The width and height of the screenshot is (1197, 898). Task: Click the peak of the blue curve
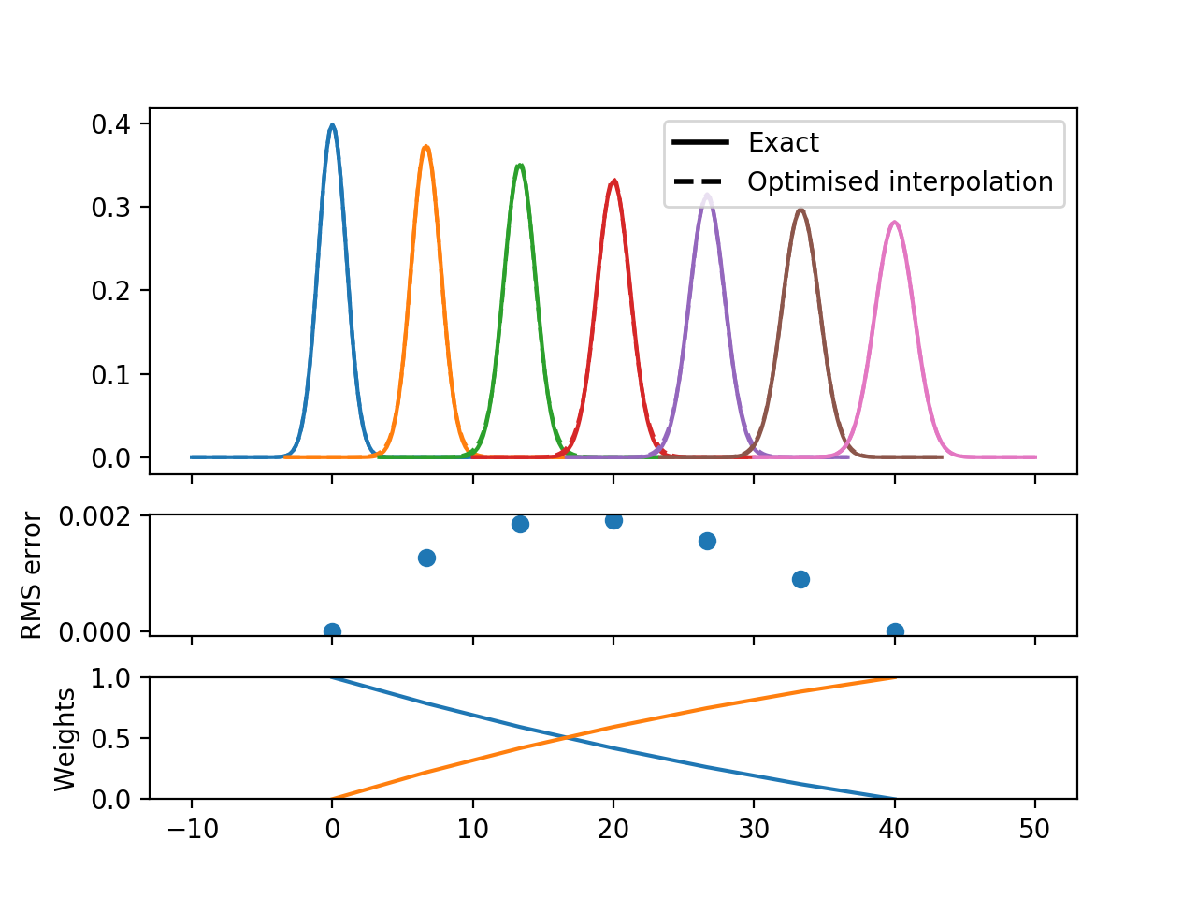(332, 125)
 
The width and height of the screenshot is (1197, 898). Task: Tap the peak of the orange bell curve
(426, 147)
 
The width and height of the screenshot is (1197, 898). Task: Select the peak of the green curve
(520, 166)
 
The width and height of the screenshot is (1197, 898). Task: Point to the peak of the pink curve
(895, 223)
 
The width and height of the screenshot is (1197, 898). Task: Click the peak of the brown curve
(800, 210)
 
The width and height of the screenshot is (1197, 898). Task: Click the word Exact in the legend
(783, 142)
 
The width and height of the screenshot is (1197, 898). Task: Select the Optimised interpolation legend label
(900, 181)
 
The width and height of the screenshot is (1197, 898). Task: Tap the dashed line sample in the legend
(699, 181)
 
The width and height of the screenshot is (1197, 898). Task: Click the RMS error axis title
(33, 574)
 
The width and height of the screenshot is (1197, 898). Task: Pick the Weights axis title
(65, 739)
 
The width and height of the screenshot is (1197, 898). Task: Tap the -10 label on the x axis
(191, 830)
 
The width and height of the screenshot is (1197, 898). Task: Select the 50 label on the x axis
(1034, 830)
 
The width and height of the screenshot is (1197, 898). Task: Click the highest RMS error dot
(613, 520)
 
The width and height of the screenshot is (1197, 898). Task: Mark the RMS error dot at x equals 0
(332, 631)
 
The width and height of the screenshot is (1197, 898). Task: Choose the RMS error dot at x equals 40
(895, 631)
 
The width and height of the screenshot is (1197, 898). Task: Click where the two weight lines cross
(567, 738)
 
